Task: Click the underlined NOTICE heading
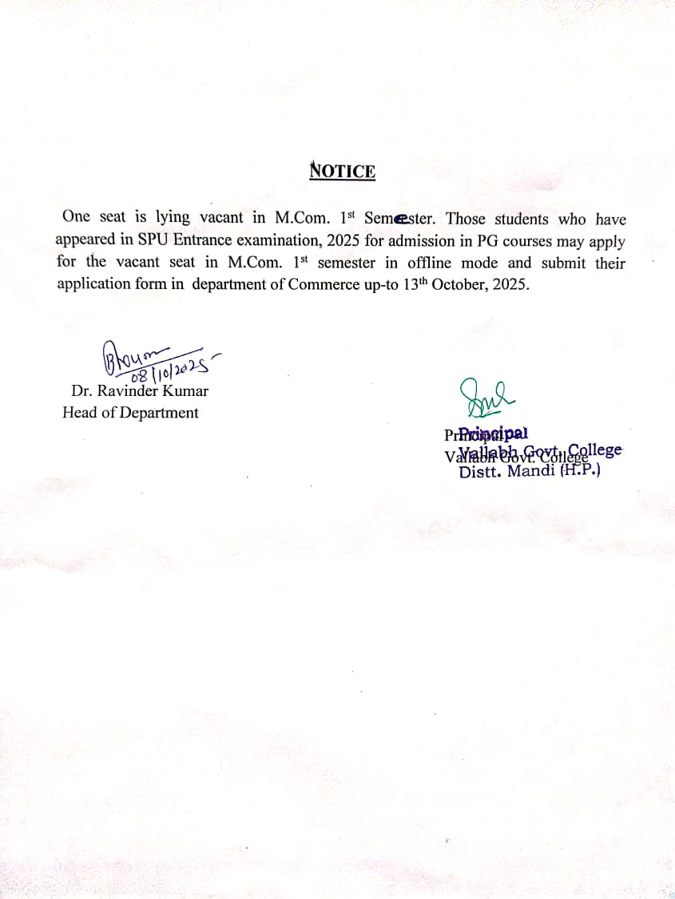pyautogui.click(x=343, y=171)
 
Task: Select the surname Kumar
pyautogui.click(x=187, y=391)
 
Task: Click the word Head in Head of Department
pyautogui.click(x=79, y=412)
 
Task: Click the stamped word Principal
pyautogui.click(x=486, y=434)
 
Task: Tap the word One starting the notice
pyautogui.click(x=77, y=216)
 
